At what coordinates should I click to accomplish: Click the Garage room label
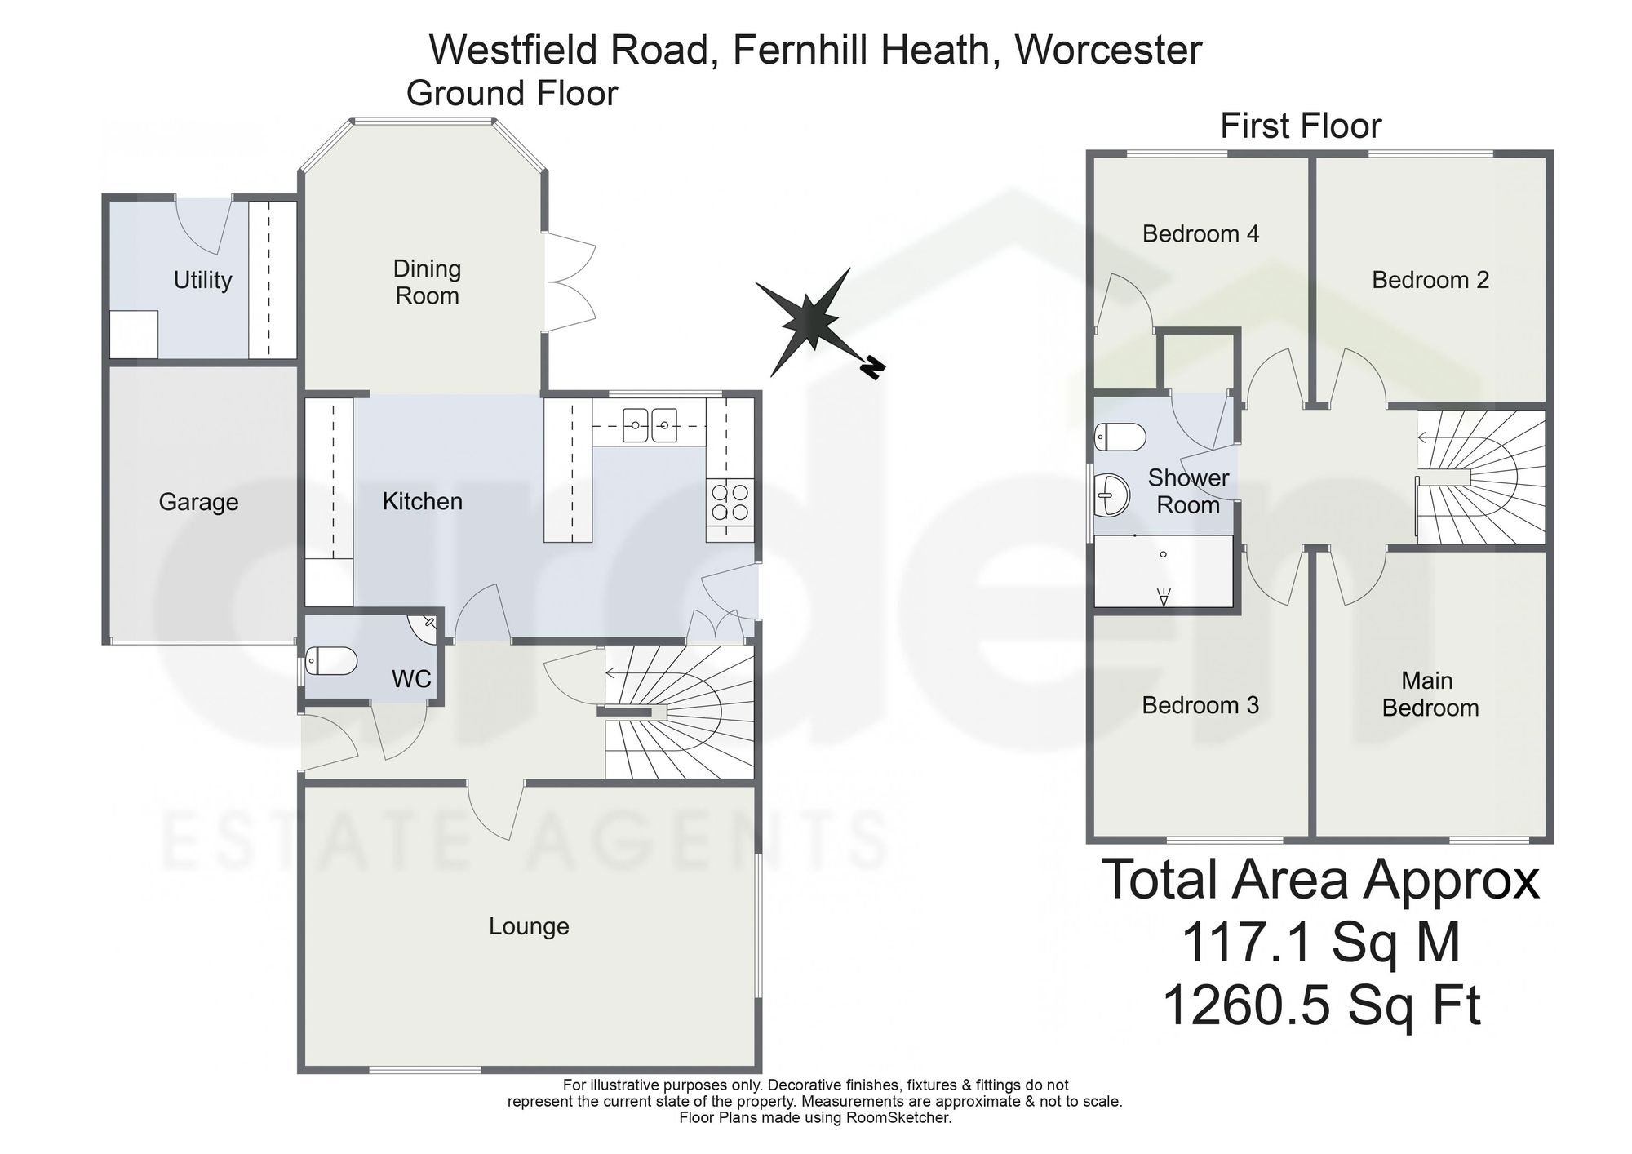(x=198, y=502)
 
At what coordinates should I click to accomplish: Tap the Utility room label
(x=202, y=281)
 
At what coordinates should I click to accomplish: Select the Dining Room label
(x=427, y=282)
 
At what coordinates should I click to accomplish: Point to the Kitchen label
(x=422, y=501)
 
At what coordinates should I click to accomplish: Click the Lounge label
(x=529, y=926)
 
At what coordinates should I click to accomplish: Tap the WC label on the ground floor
(x=411, y=678)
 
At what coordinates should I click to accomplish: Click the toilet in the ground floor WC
(x=331, y=661)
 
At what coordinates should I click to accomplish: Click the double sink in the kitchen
(x=650, y=425)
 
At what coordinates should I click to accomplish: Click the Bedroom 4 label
(x=1200, y=234)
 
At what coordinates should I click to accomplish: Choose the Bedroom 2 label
(x=1430, y=280)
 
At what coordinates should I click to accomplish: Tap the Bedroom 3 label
(x=1200, y=705)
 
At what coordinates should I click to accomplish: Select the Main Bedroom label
(x=1430, y=694)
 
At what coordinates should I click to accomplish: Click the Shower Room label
(x=1188, y=491)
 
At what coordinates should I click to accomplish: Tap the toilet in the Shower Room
(x=1120, y=437)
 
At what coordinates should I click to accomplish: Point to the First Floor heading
(x=1301, y=126)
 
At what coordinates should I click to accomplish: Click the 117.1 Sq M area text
(x=1320, y=942)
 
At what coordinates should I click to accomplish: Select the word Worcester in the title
(x=1107, y=50)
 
